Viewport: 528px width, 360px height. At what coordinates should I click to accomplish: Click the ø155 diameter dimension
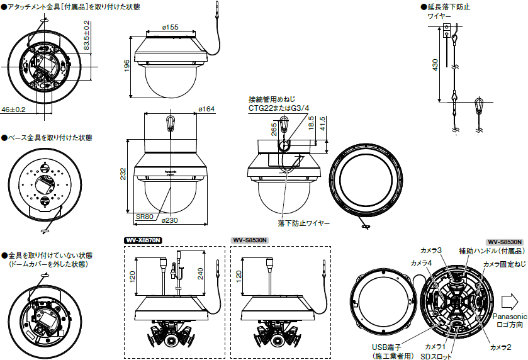pyautogui.click(x=170, y=27)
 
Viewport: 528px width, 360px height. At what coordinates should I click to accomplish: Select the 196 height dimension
pyautogui.click(x=126, y=65)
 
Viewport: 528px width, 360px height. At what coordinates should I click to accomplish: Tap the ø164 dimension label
pyautogui.click(x=206, y=110)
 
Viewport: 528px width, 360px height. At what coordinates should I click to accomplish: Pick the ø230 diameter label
pyautogui.click(x=169, y=220)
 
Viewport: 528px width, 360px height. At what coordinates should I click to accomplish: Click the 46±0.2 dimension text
pyautogui.click(x=13, y=110)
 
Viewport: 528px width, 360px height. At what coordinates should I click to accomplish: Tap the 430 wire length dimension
pyautogui.click(x=435, y=66)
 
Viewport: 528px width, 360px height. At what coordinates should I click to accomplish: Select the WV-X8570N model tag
pyautogui.click(x=143, y=240)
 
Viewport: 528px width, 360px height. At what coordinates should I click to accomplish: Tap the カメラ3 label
pyautogui.click(x=432, y=250)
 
